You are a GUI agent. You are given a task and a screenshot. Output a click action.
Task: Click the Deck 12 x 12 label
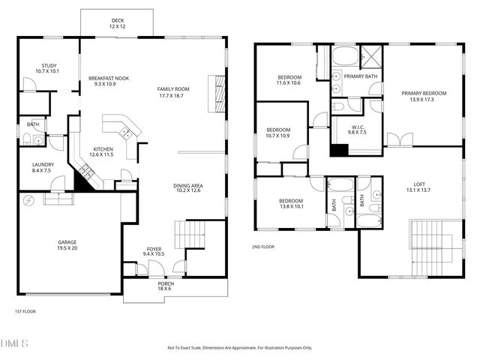[118, 23]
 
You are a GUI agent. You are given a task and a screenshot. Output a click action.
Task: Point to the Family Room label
[172, 92]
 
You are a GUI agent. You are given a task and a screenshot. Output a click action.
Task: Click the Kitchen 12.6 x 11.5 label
[103, 151]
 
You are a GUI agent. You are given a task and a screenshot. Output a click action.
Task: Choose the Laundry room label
[41, 167]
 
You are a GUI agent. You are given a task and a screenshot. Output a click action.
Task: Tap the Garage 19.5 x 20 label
[67, 245]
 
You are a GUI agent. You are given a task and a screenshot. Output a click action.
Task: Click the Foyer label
[153, 251]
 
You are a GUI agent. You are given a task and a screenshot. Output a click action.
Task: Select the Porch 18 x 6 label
[166, 286]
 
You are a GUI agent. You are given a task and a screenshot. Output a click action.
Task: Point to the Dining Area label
[189, 188]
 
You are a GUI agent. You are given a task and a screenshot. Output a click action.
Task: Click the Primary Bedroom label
[424, 96]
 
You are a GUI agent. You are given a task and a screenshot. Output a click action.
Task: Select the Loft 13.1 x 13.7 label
[419, 187]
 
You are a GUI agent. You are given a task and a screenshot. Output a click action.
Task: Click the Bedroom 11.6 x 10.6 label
[289, 80]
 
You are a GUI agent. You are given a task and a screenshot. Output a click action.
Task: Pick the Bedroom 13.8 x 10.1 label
[290, 203]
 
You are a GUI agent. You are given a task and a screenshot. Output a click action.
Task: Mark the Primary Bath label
[361, 76]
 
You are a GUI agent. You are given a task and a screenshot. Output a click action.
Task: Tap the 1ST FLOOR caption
[25, 311]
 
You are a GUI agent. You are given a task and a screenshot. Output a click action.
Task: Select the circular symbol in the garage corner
[29, 201]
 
